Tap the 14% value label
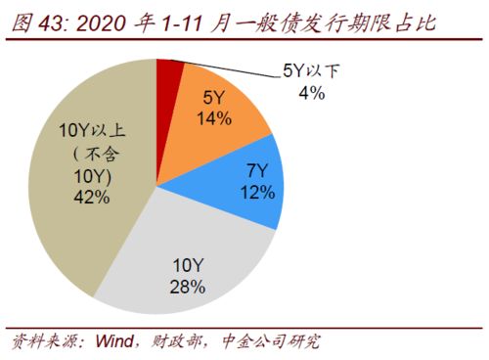point(213,119)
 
